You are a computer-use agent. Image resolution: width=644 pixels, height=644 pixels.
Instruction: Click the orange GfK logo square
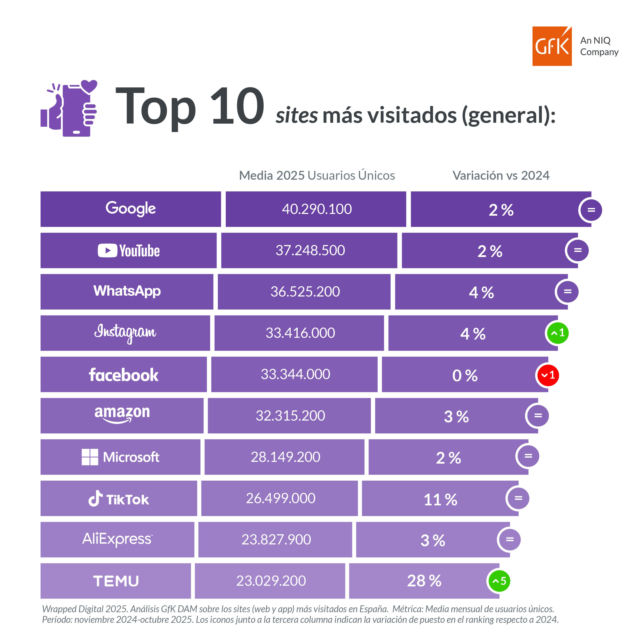[x=552, y=46]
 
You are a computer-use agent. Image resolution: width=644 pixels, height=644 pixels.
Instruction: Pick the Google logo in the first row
[x=131, y=209]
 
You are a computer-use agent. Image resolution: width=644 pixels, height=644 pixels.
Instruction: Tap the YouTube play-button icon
[x=107, y=250]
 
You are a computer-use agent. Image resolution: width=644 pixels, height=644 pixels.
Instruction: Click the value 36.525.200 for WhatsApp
[x=305, y=292]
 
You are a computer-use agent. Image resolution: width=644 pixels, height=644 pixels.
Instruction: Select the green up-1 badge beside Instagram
[x=557, y=333]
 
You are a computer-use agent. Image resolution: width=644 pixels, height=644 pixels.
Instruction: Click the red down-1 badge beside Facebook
[x=548, y=375]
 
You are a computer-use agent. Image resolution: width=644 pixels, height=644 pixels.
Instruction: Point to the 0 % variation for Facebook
[x=465, y=376]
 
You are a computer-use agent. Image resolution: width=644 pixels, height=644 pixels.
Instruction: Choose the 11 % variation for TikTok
[x=440, y=500]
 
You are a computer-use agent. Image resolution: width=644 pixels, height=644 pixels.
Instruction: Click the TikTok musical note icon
[x=95, y=499]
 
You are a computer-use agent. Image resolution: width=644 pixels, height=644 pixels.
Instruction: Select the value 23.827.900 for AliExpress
[x=276, y=540]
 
